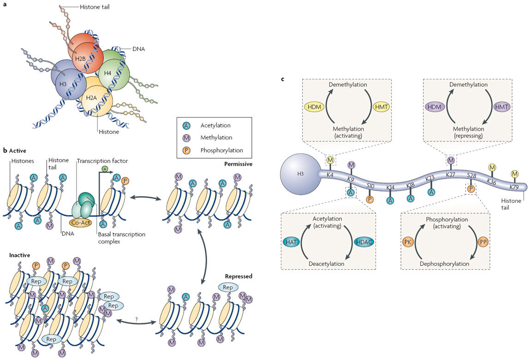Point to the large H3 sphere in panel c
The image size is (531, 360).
tap(298, 173)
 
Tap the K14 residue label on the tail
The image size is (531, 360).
tap(390, 187)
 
